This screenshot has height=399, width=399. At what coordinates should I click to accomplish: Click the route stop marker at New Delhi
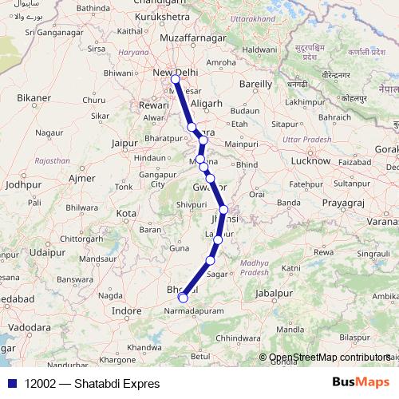(x=175, y=79)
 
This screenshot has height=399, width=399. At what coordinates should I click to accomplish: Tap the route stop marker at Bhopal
(x=183, y=298)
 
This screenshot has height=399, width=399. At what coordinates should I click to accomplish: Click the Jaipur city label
(x=126, y=143)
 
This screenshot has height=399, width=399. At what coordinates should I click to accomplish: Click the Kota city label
(x=126, y=214)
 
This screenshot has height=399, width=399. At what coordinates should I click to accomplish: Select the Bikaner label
(x=33, y=98)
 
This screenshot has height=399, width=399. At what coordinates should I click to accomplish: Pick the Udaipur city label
(x=46, y=252)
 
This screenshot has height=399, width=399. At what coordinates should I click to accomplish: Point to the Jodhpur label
(x=22, y=184)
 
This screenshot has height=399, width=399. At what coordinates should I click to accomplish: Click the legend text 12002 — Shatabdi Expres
(x=92, y=384)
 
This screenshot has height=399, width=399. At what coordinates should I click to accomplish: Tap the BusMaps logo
(x=361, y=383)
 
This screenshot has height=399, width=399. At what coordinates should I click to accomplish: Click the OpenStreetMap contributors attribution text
(x=329, y=358)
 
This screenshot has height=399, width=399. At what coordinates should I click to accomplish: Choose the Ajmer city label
(x=82, y=178)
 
